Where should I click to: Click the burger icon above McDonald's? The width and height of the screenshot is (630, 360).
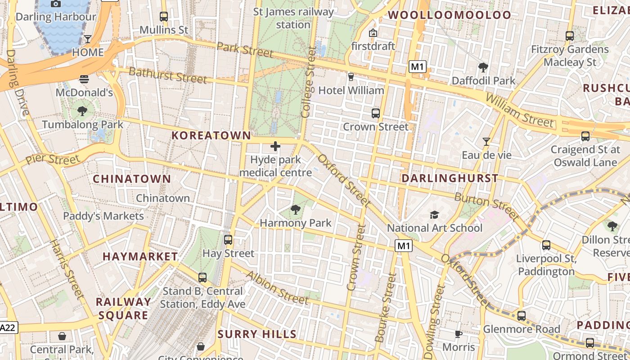point(84,80)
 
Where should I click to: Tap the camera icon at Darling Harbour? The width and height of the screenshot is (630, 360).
point(56,4)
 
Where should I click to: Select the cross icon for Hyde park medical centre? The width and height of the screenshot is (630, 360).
point(275,146)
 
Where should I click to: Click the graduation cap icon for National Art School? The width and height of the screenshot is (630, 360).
point(434,215)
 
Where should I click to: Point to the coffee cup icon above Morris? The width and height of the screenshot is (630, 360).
point(458,334)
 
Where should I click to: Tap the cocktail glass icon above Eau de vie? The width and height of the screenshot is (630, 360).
point(486,142)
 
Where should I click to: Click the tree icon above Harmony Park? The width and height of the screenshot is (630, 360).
point(296,209)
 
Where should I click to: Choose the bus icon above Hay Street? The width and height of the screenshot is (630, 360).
point(228,240)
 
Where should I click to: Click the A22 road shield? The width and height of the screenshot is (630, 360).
point(8,328)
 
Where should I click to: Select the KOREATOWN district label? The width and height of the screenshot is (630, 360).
point(211,135)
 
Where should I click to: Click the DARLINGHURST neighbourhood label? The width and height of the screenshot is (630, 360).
point(450,178)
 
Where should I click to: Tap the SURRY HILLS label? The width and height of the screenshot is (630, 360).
point(257,334)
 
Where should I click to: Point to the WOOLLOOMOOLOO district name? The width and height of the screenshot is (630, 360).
point(450,15)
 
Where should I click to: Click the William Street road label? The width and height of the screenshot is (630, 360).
point(519,110)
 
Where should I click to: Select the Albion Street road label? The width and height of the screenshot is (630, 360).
point(277,288)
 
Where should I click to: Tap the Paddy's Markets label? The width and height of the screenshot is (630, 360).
point(103,216)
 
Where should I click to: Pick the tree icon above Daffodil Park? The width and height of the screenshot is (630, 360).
point(483,67)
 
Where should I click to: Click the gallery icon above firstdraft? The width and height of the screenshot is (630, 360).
point(373,33)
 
